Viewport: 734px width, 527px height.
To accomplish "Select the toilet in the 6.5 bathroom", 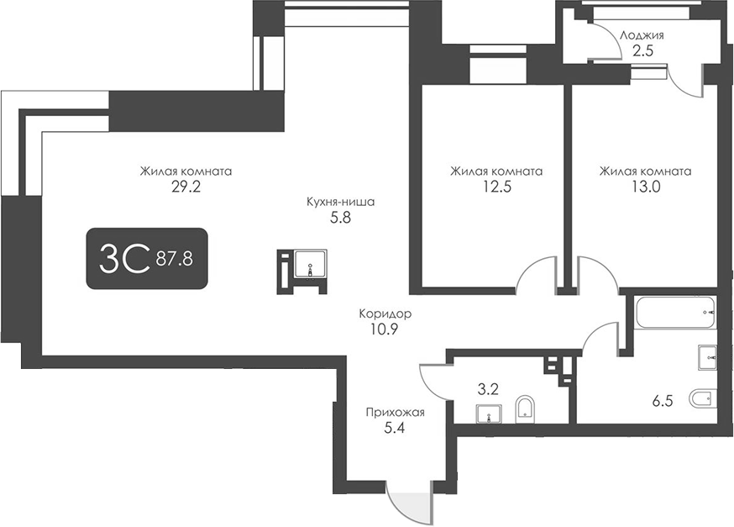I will tap(700, 398).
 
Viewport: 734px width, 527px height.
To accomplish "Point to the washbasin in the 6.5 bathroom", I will tap(707, 357).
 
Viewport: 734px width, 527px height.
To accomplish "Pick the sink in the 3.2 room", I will tap(488, 413).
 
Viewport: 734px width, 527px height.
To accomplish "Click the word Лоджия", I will tap(642, 35).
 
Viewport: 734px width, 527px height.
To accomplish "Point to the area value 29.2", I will tap(186, 187).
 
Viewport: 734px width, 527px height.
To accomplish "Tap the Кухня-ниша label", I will tap(340, 202).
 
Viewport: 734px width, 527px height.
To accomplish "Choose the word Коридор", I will tap(385, 314).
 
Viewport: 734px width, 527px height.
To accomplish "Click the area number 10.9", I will tap(383, 329).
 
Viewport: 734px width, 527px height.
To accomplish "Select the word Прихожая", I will tap(395, 412).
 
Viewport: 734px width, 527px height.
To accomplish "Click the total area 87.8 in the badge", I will tap(175, 258).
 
